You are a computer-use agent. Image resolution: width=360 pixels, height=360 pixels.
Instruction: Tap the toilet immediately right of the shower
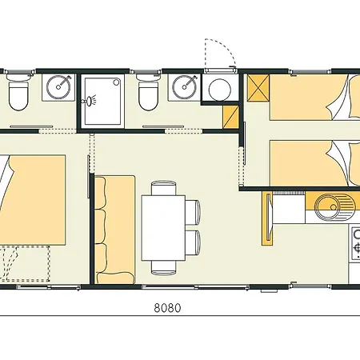pyautogui.click(x=148, y=96)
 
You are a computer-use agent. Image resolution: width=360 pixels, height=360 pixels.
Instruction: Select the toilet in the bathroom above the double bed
pyautogui.click(x=18, y=95)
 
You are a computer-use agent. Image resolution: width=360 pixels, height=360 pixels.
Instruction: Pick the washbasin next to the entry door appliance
pyautogui.click(x=186, y=84)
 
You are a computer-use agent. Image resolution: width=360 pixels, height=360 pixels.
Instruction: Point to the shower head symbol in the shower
pyautogui.click(x=92, y=101)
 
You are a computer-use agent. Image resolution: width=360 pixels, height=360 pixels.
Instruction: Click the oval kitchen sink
pyautogui.click(x=328, y=210)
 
